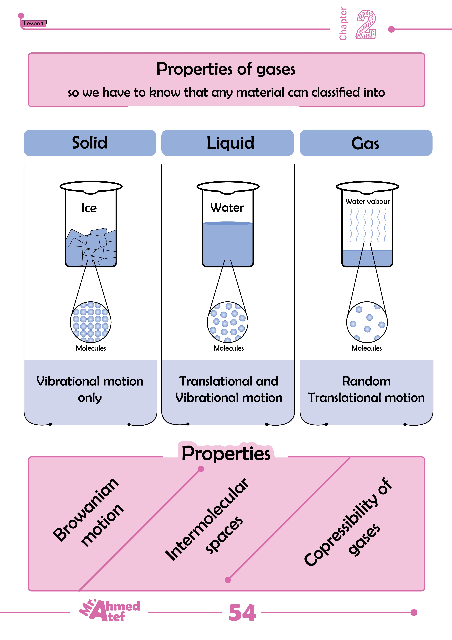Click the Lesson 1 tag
pyautogui.click(x=33, y=23)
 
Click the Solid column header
pyautogui.click(x=90, y=143)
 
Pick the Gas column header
pyautogui.click(x=365, y=143)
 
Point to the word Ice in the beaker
pyautogui.click(x=89, y=208)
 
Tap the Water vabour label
pyautogui.click(x=367, y=201)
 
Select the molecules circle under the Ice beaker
pyautogui.click(x=90, y=322)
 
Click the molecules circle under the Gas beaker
pyautogui.click(x=367, y=322)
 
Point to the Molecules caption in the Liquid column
pyautogui.click(x=229, y=348)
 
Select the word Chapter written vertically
pyautogui.click(x=343, y=24)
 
